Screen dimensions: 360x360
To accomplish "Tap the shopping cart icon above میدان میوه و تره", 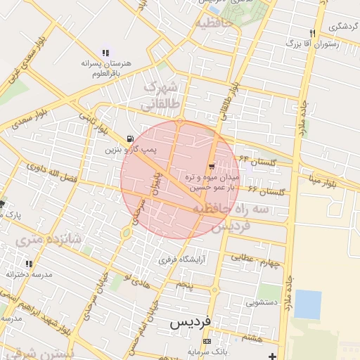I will [212, 167].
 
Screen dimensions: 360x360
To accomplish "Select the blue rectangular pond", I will [307, 304].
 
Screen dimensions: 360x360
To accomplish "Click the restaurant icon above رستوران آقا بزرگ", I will [311, 33].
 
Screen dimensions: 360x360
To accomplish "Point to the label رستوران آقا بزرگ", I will [311, 44].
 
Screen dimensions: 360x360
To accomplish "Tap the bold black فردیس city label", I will [191, 323].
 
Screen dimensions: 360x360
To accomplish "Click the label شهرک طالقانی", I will [162, 96].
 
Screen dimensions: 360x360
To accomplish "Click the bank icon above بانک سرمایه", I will [206, 341].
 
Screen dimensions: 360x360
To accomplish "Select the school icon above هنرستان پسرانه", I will [105, 52].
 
